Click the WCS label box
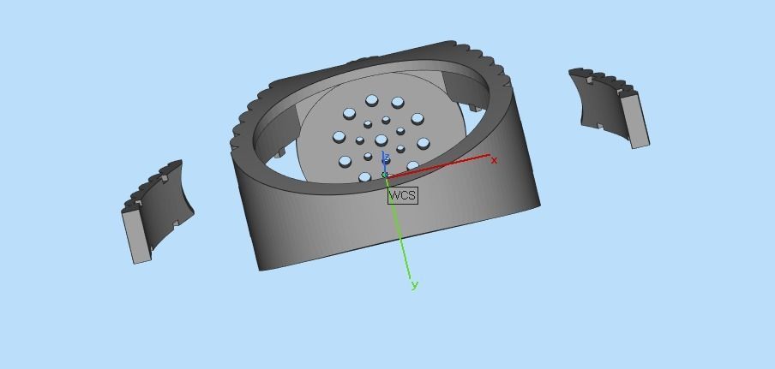402,195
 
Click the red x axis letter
494,160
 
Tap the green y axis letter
415,285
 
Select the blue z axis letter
386,158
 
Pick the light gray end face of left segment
136,235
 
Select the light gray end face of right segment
634,120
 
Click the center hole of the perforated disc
381,140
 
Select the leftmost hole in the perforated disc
339,137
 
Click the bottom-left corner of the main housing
261,268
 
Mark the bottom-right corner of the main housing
538,205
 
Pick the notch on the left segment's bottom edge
176,226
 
